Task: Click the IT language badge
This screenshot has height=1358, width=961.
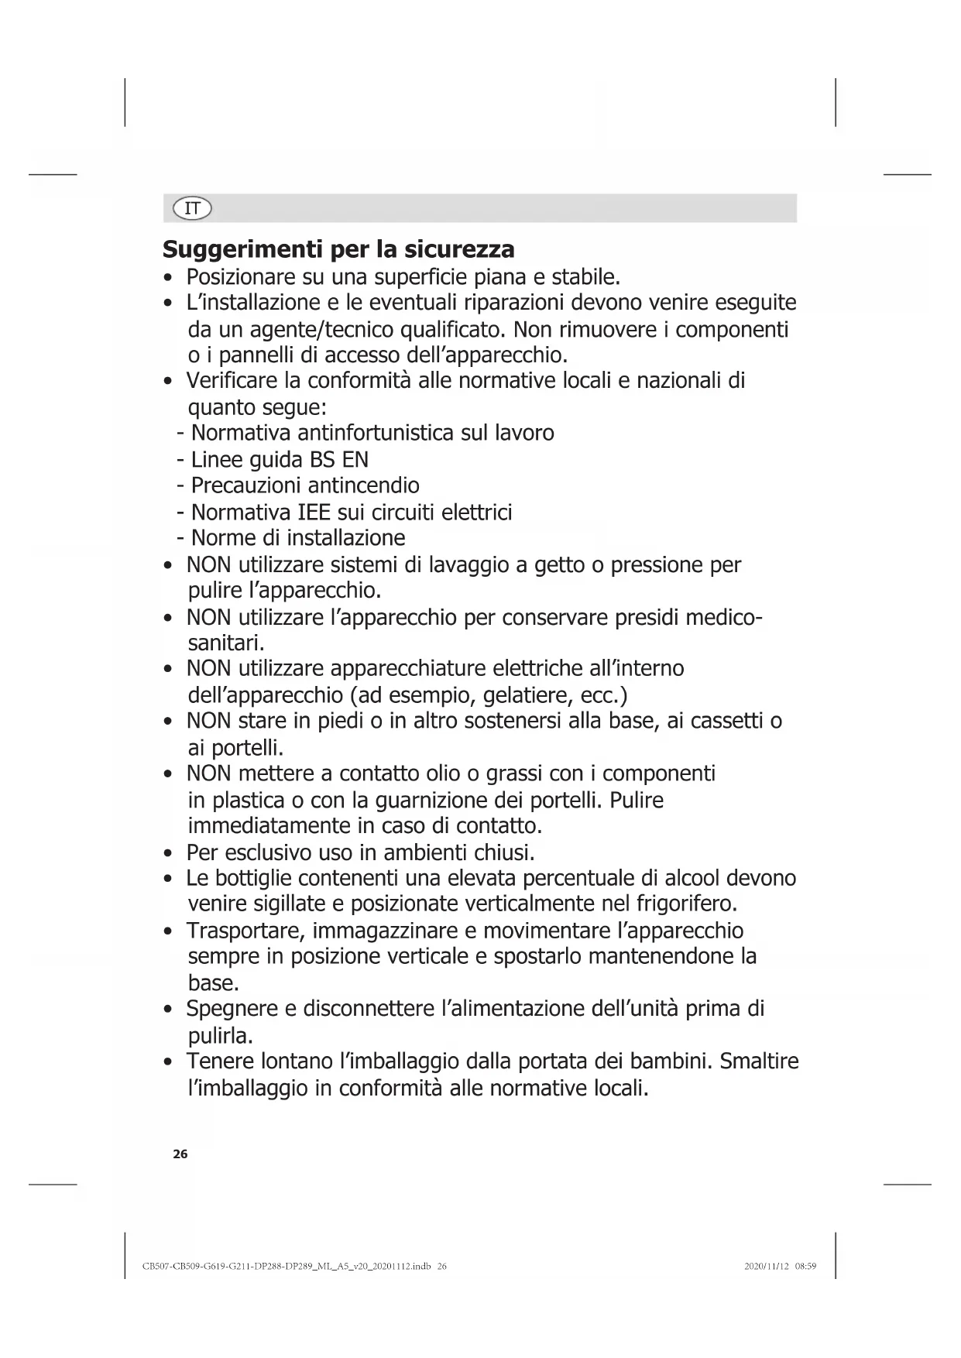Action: [193, 208]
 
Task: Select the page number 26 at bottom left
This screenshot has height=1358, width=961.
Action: [180, 1154]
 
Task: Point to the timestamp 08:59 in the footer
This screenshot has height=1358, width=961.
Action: [806, 1267]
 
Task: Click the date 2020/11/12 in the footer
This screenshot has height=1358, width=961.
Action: [767, 1267]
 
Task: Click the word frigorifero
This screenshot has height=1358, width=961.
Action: [685, 904]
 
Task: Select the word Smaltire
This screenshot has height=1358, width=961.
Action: [759, 1061]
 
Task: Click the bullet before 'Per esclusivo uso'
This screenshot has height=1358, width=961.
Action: [168, 854]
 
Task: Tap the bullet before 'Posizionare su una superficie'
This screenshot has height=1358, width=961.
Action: [168, 278]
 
